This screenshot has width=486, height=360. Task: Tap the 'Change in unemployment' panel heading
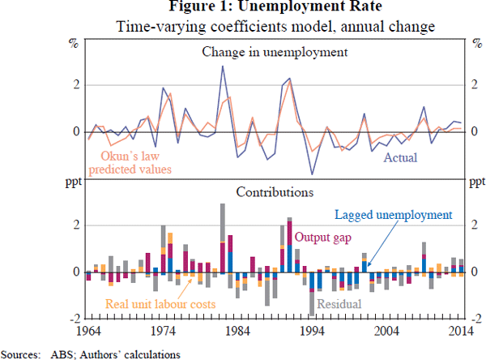[x=275, y=53]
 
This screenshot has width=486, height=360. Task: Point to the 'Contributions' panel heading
[x=275, y=193]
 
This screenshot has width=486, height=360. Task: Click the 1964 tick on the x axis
[x=86, y=331]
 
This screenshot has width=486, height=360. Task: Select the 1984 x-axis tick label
[x=237, y=331]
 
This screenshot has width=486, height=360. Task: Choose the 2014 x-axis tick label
[x=459, y=331]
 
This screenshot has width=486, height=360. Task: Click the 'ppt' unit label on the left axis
[x=73, y=182]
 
